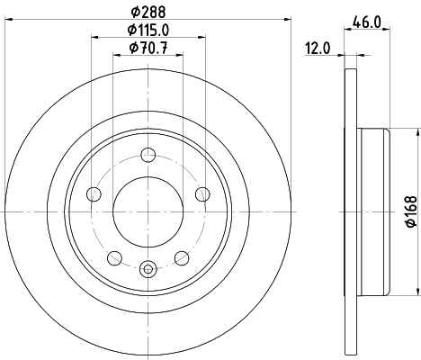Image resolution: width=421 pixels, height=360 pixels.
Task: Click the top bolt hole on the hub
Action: point(148,155)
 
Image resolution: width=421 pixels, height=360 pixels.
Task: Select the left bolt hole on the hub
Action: point(94,194)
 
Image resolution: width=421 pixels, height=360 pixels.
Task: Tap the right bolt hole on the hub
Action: point(202,194)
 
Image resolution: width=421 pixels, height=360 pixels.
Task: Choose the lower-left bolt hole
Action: point(114,256)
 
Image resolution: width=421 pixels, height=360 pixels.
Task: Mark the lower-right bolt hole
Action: point(182,256)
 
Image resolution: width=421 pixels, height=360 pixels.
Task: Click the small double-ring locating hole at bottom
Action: point(148,265)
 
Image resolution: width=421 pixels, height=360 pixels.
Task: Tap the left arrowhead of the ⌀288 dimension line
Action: point(7,19)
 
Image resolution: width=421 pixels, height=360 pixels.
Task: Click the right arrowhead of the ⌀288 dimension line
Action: point(290,19)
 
